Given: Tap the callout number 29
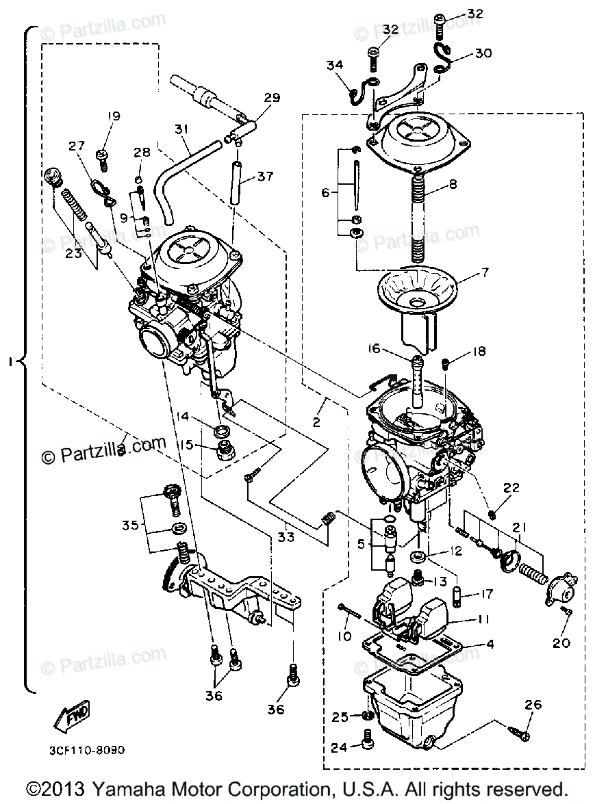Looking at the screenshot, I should pos(272,98).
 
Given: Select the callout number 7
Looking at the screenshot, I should pos(484,273).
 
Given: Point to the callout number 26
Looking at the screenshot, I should pos(534,705).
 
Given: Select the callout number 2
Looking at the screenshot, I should pos(316,422).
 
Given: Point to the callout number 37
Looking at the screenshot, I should pos(265,177).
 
